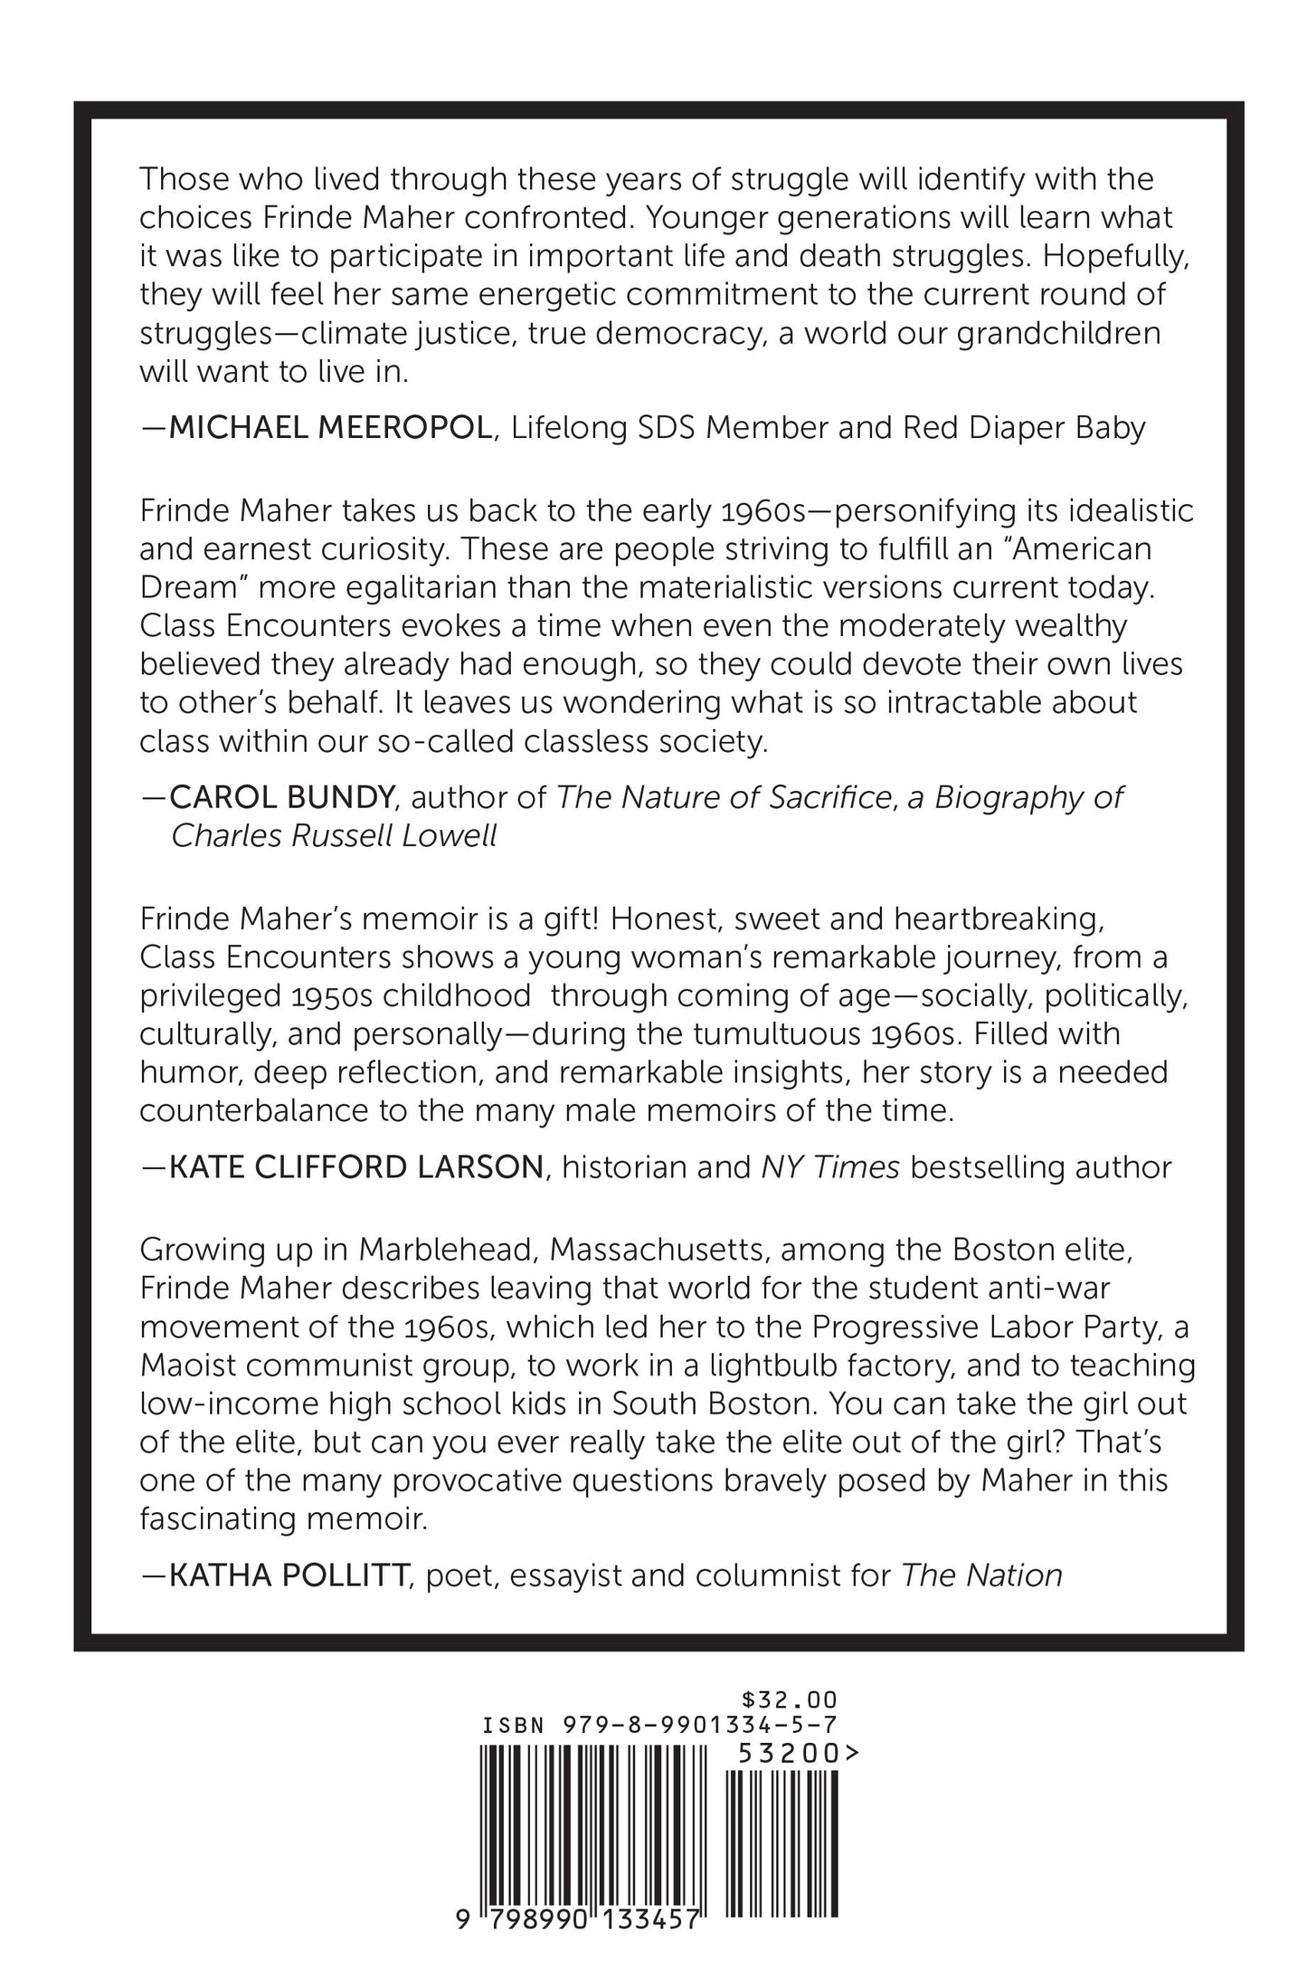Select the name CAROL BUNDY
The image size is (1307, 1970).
pos(281,796)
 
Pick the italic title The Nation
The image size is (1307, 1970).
pos(982,1575)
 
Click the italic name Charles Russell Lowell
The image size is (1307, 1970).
pos(335,835)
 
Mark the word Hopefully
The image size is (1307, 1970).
pos(1118,256)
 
